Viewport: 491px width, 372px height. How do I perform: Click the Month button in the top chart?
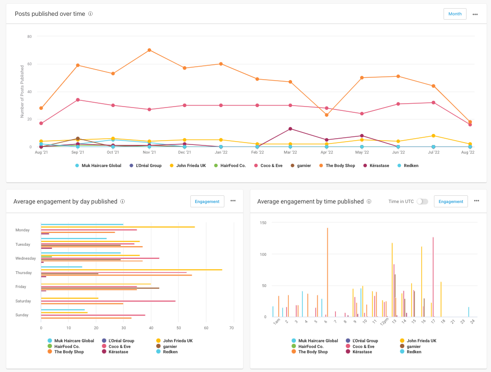(455, 14)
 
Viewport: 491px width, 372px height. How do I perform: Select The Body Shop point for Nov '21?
(150, 50)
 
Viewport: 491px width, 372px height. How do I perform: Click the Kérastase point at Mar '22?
(290, 129)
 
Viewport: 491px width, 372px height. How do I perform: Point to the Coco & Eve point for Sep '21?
(78, 100)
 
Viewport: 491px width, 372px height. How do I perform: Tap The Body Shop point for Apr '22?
(327, 115)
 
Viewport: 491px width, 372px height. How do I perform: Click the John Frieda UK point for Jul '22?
(433, 136)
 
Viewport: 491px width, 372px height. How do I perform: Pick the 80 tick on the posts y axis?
(29, 36)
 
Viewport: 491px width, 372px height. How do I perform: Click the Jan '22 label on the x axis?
(221, 152)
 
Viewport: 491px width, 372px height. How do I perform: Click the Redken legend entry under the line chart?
(410, 166)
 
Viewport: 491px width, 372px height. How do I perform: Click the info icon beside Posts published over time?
(91, 14)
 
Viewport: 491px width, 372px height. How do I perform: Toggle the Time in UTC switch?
(422, 202)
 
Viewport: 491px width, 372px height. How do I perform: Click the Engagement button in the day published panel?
(207, 202)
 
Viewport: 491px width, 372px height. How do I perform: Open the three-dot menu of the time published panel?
(477, 201)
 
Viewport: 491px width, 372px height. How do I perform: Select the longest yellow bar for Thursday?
(131, 270)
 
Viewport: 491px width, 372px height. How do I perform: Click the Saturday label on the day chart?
(23, 301)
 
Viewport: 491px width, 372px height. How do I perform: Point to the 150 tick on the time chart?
(263, 223)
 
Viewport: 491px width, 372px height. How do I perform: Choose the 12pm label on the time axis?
(384, 322)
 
